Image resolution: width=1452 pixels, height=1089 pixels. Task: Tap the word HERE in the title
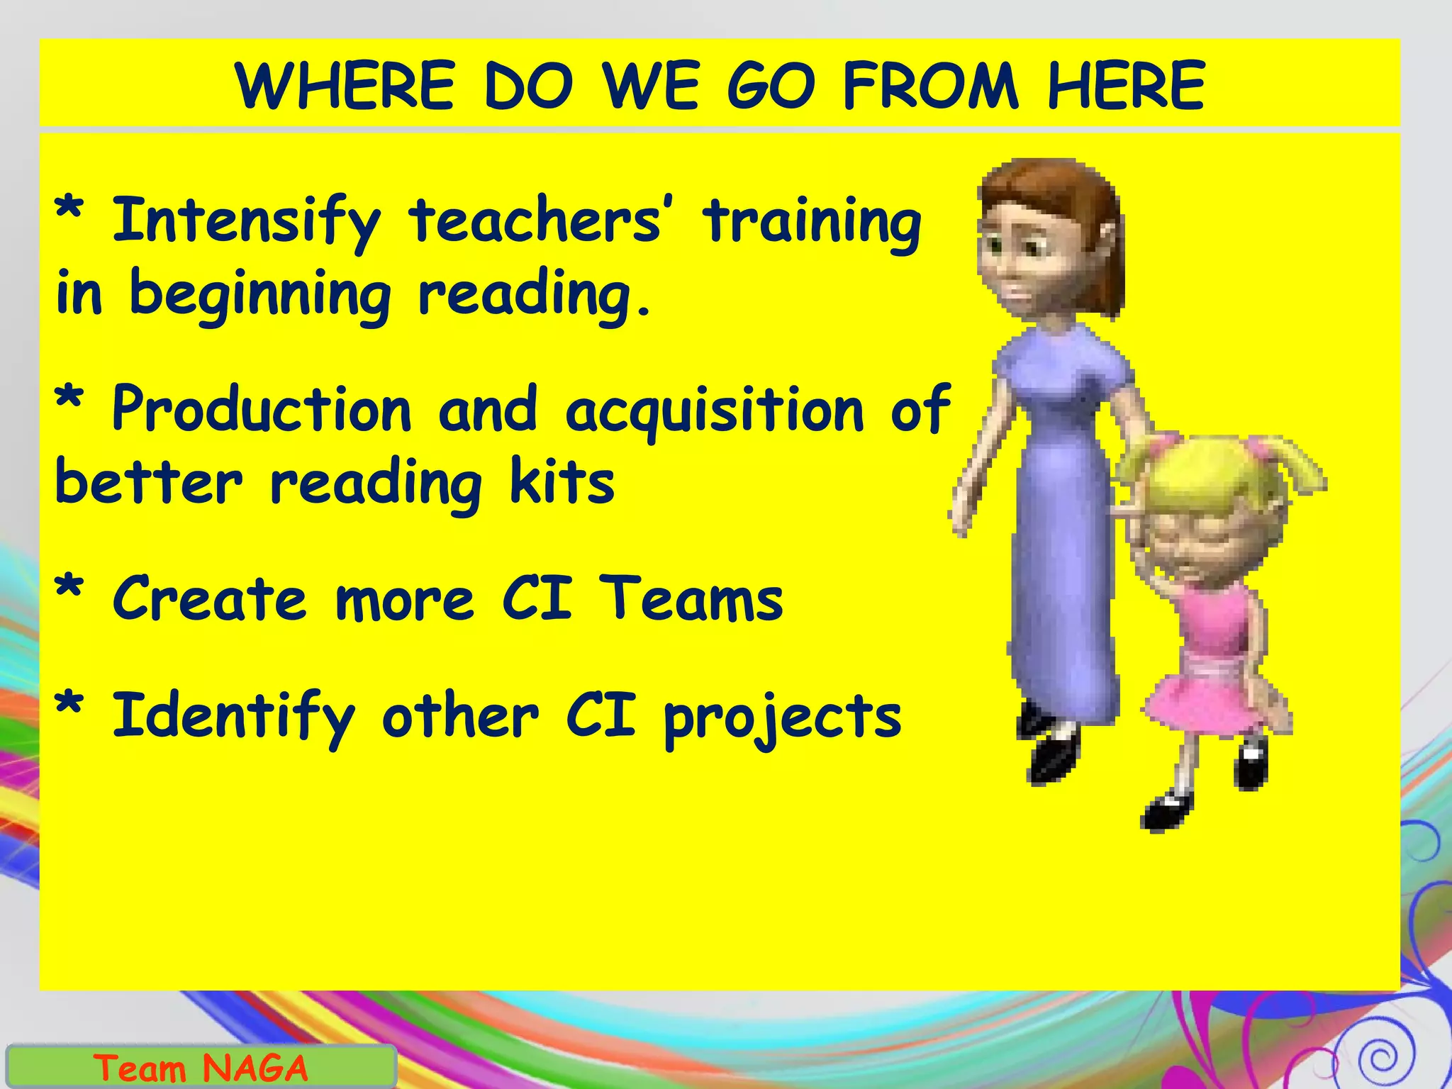(1127, 86)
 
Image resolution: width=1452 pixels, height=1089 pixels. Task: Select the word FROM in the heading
(931, 86)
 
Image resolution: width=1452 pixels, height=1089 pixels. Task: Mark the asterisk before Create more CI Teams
(69, 590)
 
